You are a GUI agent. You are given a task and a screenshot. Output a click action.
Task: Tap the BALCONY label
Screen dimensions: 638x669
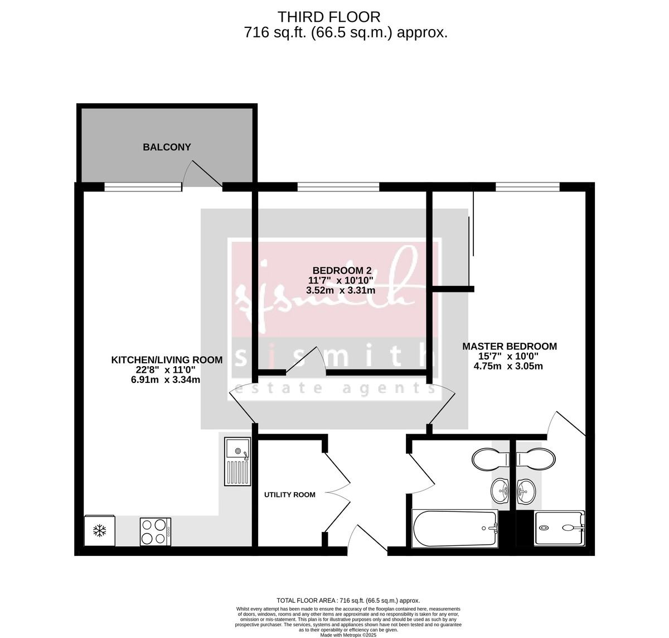click(x=167, y=147)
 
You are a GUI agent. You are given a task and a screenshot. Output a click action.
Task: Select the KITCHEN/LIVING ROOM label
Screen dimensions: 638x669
click(x=167, y=360)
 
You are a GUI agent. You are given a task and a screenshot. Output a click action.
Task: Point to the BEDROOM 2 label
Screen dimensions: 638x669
click(x=340, y=270)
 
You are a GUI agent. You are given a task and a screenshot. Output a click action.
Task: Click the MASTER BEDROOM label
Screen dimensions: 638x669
click(x=509, y=346)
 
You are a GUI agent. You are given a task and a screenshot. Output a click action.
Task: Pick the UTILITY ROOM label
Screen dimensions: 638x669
click(x=289, y=495)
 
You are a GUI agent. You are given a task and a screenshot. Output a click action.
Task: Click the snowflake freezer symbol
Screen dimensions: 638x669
click(x=99, y=530)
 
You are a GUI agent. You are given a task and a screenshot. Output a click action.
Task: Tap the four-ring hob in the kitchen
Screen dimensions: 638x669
click(x=156, y=531)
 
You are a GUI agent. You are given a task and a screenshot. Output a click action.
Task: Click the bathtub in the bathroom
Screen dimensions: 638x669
click(x=454, y=529)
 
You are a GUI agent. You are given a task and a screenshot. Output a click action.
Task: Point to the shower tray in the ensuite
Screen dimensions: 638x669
click(x=560, y=528)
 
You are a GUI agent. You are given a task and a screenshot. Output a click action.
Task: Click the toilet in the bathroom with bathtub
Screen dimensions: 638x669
click(x=491, y=459)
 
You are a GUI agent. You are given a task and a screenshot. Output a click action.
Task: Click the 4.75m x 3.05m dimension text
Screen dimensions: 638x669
click(x=508, y=366)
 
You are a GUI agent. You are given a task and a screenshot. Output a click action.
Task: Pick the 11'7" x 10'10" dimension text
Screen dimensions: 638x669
click(x=340, y=280)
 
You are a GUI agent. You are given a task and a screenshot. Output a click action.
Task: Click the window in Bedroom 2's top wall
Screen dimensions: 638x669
click(x=338, y=186)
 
